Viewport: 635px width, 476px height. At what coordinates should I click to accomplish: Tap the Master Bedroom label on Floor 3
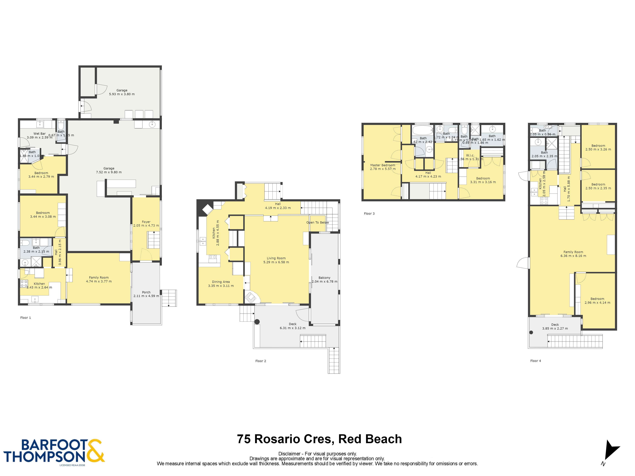click(x=382, y=165)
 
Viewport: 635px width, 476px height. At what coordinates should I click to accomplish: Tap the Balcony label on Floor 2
click(x=324, y=278)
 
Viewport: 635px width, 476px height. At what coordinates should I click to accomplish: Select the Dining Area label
click(x=221, y=282)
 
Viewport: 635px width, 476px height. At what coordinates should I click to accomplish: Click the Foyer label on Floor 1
click(x=146, y=222)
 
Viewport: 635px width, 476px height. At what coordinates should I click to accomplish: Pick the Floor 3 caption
click(x=369, y=213)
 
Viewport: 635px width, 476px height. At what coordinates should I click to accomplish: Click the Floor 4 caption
click(x=535, y=361)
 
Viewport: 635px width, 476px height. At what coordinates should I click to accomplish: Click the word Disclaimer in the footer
click(x=289, y=454)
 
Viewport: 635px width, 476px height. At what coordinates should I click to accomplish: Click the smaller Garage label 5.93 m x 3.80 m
click(x=122, y=92)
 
